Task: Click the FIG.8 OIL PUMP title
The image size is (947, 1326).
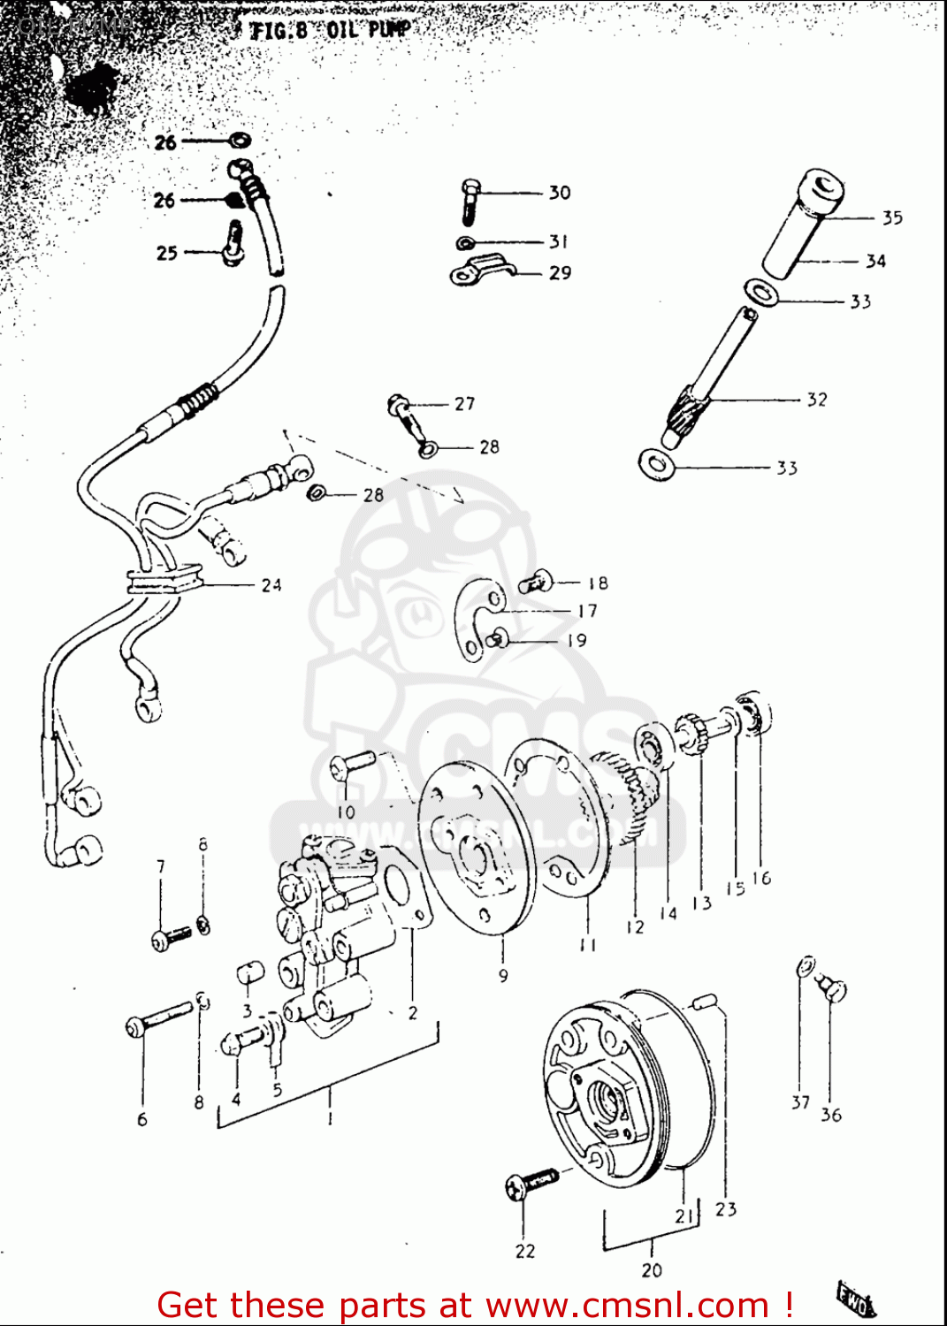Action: click(x=330, y=30)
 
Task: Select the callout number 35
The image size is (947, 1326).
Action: click(x=891, y=217)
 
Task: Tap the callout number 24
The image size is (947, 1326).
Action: click(x=271, y=584)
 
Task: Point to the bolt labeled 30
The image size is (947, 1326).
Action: click(x=470, y=202)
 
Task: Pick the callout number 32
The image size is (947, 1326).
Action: click(x=816, y=400)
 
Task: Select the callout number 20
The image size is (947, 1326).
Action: click(x=652, y=1269)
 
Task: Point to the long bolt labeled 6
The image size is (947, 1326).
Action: click(x=159, y=1017)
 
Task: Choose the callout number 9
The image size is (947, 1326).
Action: click(x=503, y=975)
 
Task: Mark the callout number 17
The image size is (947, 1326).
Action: click(x=587, y=611)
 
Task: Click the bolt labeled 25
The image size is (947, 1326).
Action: click(x=233, y=243)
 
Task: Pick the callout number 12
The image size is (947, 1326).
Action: click(x=635, y=926)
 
